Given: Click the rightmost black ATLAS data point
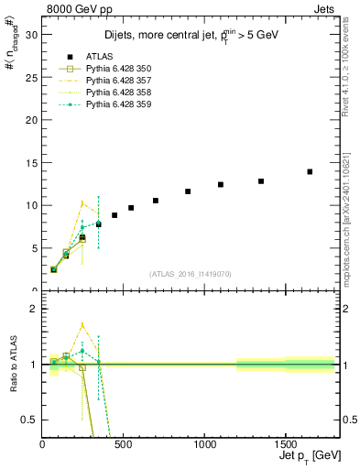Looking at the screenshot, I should [310, 171].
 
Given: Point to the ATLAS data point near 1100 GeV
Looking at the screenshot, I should [221, 184].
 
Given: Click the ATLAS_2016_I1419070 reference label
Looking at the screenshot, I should [189, 274].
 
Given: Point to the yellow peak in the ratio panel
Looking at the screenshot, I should [82, 324].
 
